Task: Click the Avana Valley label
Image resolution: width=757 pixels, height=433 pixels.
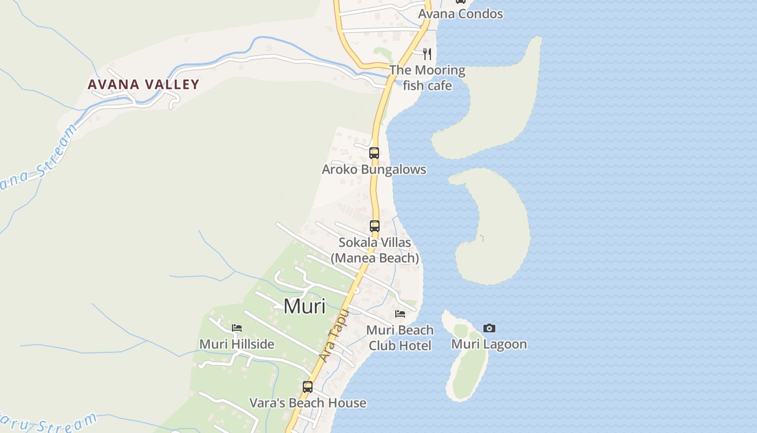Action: pyautogui.click(x=143, y=84)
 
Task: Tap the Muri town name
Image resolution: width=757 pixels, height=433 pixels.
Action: pyautogui.click(x=304, y=306)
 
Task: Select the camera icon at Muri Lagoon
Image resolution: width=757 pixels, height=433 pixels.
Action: pyautogui.click(x=489, y=328)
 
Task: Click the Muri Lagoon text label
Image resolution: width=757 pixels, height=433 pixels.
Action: pyautogui.click(x=489, y=344)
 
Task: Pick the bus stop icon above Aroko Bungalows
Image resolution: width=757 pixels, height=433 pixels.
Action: pyautogui.click(x=374, y=153)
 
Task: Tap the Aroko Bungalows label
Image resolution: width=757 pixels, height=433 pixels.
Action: pyautogui.click(x=374, y=169)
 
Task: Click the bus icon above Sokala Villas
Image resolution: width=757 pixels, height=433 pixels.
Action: pyautogui.click(x=375, y=226)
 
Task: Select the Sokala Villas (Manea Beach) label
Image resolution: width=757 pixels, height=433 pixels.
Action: pyautogui.click(x=375, y=250)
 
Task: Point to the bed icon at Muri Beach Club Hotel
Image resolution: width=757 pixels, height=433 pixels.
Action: pyautogui.click(x=400, y=314)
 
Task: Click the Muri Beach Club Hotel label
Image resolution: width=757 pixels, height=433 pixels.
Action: pyautogui.click(x=400, y=338)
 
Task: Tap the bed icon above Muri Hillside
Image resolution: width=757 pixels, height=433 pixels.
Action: pyautogui.click(x=237, y=328)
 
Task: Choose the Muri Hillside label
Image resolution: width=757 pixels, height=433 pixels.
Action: pyautogui.click(x=237, y=344)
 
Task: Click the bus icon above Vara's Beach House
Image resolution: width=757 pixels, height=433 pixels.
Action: pyautogui.click(x=308, y=387)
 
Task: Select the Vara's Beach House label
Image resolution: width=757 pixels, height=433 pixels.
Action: pyautogui.click(x=308, y=403)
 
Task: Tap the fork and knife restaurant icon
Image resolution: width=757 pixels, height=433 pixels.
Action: pyautogui.click(x=427, y=54)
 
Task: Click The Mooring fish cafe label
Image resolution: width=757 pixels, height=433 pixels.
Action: pyautogui.click(x=427, y=77)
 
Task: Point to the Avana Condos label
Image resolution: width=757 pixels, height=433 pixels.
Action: pyautogui.click(x=461, y=14)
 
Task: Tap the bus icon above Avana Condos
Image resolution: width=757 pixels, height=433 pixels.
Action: pyautogui.click(x=461, y=2)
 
